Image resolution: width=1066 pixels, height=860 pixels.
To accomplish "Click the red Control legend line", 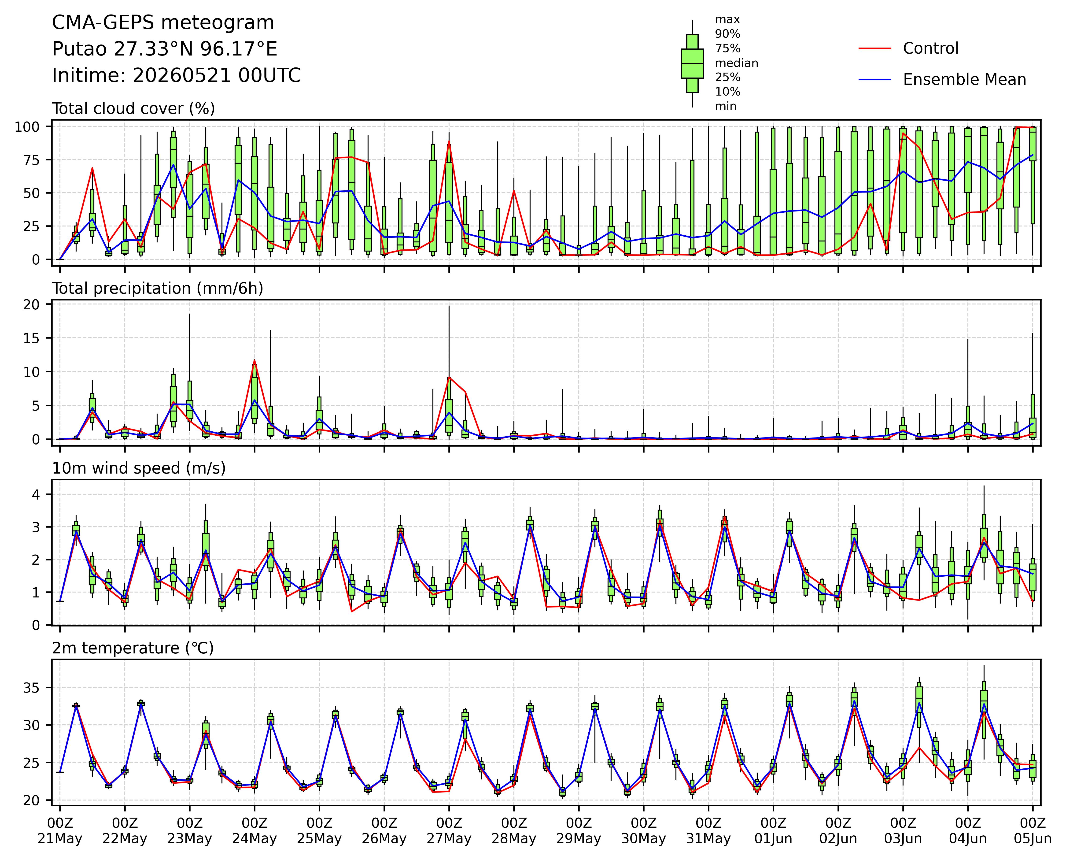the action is tap(875, 48).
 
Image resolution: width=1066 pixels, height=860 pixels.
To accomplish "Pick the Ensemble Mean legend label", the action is tap(964, 80).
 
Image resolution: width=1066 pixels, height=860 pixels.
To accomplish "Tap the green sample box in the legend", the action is tap(692, 63).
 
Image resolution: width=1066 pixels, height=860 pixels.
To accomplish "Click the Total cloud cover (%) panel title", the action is tap(134, 108).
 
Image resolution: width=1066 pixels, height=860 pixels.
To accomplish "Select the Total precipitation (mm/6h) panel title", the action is tap(157, 288).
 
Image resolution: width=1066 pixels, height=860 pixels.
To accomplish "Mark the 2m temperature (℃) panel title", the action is tap(133, 648).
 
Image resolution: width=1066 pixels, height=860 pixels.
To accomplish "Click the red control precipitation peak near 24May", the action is tap(255, 360).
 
